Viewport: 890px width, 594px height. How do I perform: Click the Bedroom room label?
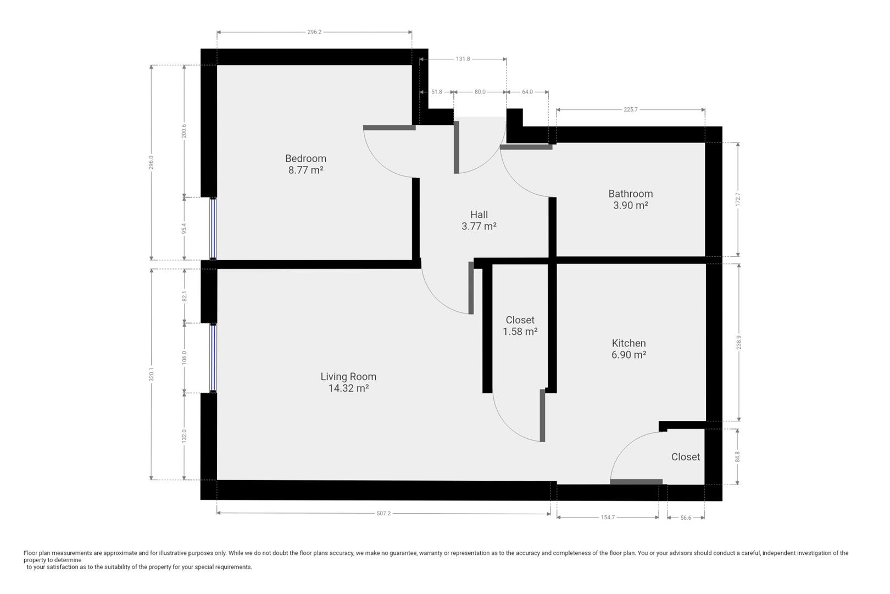pyautogui.click(x=305, y=158)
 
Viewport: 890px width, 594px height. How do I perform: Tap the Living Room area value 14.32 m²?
pyautogui.click(x=348, y=388)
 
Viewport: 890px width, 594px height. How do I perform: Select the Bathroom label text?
pyautogui.click(x=630, y=194)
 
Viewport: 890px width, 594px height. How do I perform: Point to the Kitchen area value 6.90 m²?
pyautogui.click(x=628, y=355)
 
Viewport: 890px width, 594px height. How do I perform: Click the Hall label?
pyautogui.click(x=479, y=215)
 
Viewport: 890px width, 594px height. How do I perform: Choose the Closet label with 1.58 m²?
pyautogui.click(x=520, y=320)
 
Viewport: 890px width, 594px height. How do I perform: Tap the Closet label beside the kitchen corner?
pyautogui.click(x=685, y=457)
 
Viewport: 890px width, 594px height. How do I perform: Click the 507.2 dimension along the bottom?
pyautogui.click(x=383, y=514)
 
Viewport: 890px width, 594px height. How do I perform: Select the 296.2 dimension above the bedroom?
pyautogui.click(x=314, y=32)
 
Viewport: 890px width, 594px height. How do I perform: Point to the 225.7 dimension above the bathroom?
pyautogui.click(x=630, y=109)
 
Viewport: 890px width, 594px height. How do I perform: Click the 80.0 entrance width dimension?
pyautogui.click(x=480, y=92)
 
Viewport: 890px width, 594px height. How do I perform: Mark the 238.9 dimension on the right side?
pyautogui.click(x=738, y=342)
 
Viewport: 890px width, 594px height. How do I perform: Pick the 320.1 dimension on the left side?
pyautogui.click(x=151, y=374)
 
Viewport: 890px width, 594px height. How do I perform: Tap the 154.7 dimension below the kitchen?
pyautogui.click(x=608, y=518)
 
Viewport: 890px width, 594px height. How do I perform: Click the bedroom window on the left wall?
pyautogui.click(x=213, y=228)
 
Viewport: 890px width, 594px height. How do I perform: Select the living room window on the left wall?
pyautogui.click(x=213, y=358)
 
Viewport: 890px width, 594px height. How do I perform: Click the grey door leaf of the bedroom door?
pyautogui.click(x=389, y=128)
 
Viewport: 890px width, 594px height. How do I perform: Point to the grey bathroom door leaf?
pyautogui.click(x=526, y=147)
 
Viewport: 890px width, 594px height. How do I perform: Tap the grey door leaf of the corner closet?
pyautogui.click(x=636, y=482)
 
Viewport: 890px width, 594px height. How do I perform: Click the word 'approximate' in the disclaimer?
pyautogui.click(x=119, y=553)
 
